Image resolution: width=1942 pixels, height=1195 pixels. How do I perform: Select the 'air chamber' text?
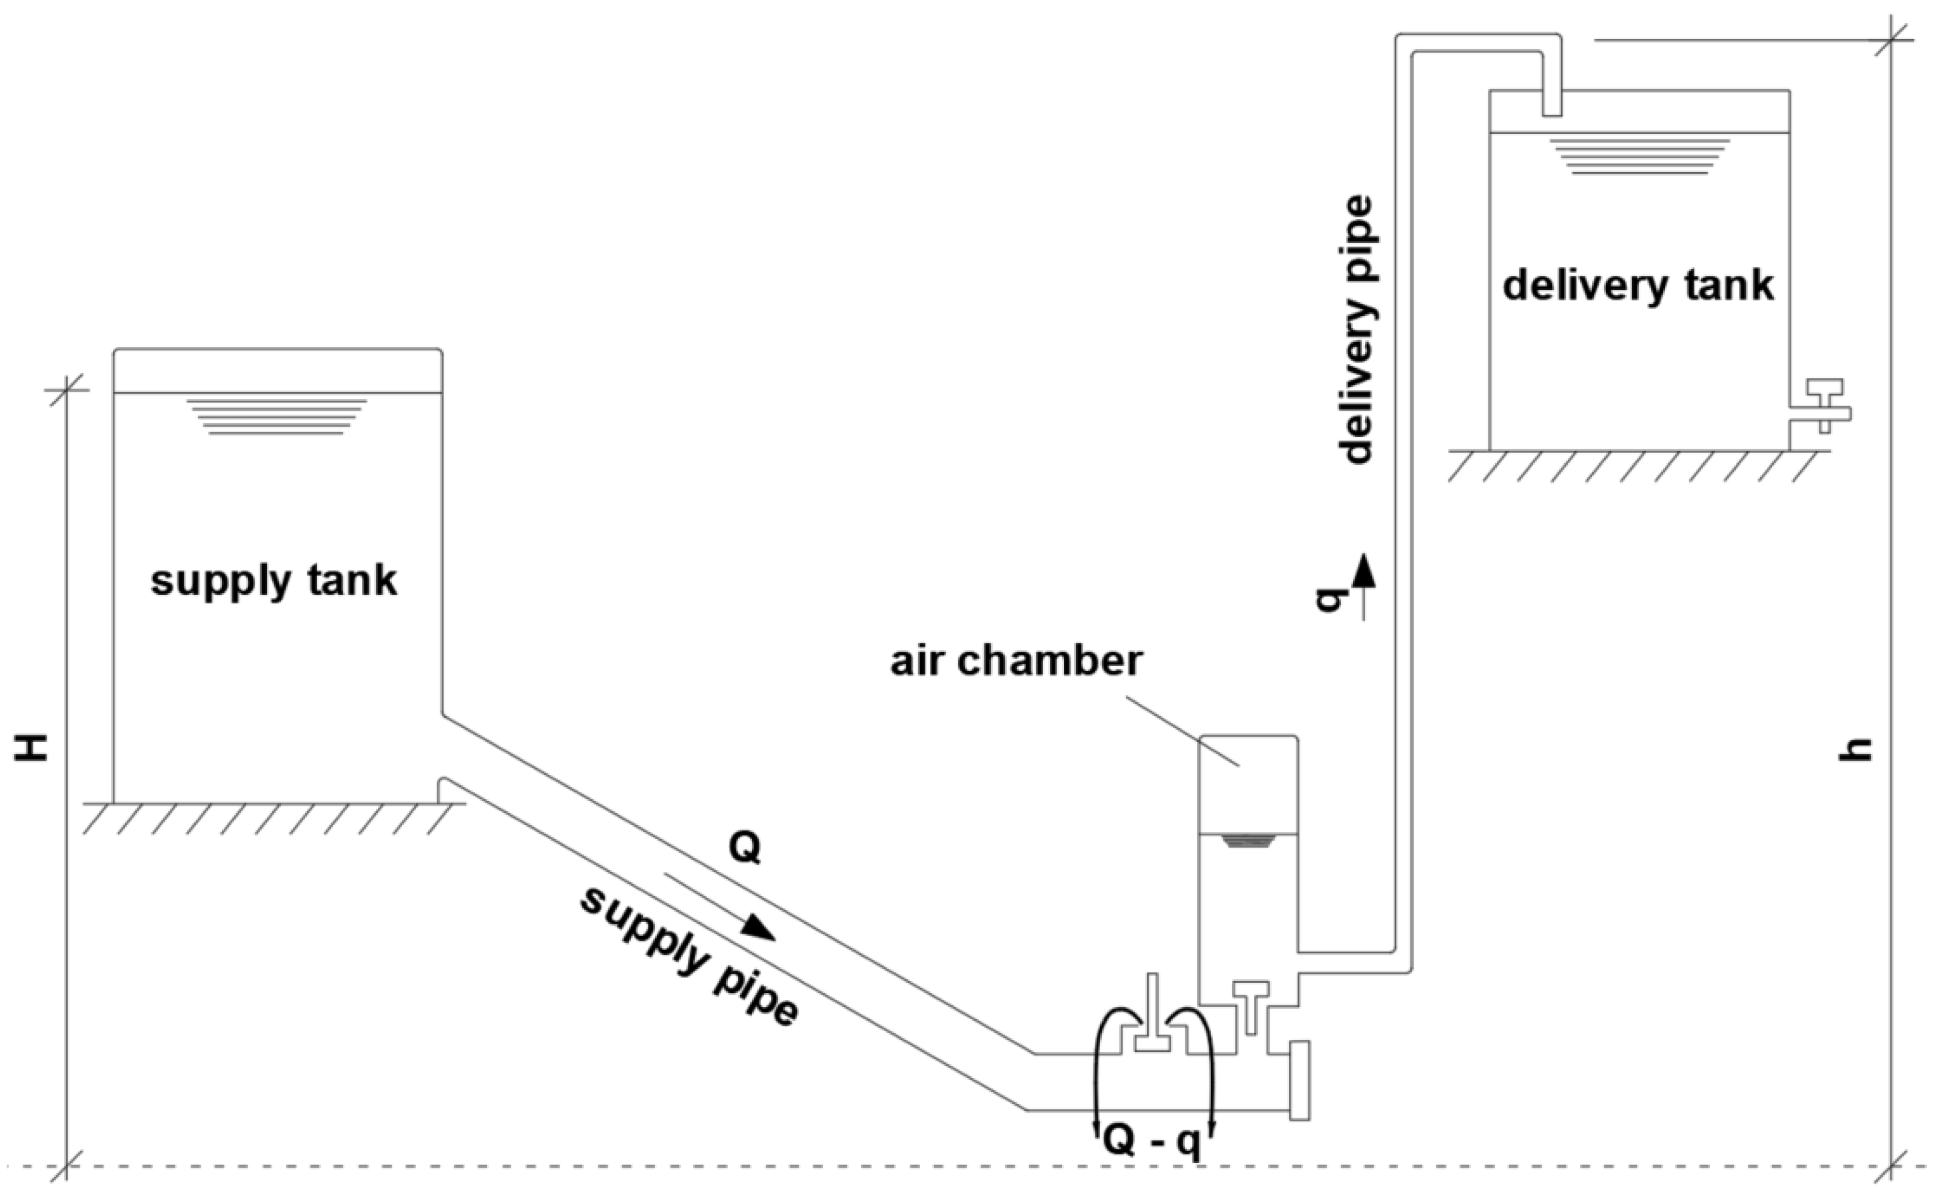coord(1016,661)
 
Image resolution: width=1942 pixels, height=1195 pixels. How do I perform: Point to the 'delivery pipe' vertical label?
coord(1356,330)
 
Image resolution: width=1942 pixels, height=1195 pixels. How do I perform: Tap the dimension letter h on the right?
coord(1855,750)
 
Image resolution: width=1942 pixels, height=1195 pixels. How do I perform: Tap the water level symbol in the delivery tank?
coord(1639,156)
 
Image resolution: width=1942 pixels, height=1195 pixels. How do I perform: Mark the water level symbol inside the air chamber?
coord(1248,841)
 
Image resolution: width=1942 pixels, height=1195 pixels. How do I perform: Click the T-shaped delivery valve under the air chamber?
coord(1251,1005)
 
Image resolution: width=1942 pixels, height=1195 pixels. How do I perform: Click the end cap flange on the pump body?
coord(1299,1080)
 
